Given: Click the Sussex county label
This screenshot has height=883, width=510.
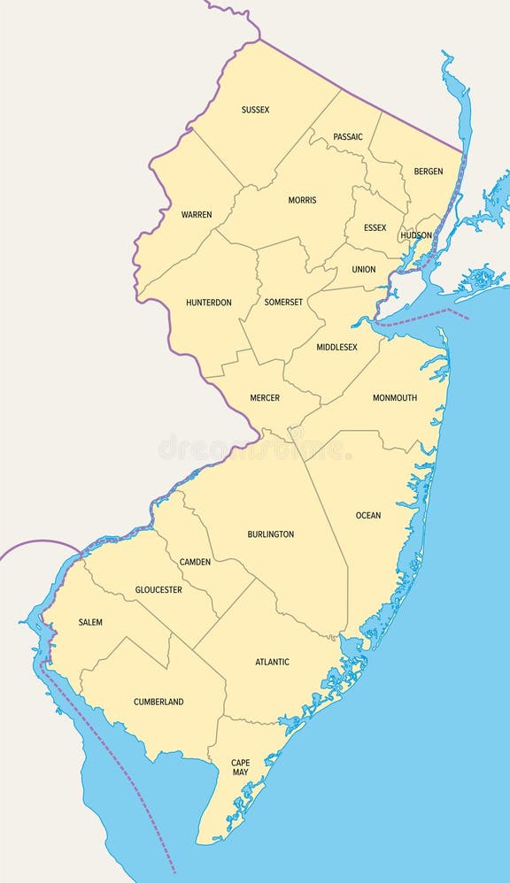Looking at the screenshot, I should click(255, 110).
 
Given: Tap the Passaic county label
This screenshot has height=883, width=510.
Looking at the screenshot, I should click(348, 137).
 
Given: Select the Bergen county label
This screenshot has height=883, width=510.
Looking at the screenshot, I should click(429, 171).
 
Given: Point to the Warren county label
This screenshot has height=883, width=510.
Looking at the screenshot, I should click(197, 214).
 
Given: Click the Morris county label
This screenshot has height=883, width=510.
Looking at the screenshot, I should click(302, 200).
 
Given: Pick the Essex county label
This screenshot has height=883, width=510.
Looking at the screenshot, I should click(375, 227).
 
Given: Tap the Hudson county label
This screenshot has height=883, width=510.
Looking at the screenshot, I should click(416, 235).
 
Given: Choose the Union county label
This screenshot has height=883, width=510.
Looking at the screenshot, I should click(363, 269).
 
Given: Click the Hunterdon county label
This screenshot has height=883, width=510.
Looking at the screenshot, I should click(209, 303).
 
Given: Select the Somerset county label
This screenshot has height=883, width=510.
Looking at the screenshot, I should click(283, 302).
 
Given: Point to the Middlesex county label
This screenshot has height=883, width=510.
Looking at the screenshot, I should click(336, 347).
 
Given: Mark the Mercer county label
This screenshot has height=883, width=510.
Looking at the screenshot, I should click(265, 398).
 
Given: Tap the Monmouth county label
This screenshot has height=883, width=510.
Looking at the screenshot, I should click(395, 397).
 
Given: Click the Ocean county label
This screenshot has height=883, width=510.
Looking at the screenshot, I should click(368, 515).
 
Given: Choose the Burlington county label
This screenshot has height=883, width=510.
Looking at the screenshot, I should click(271, 534).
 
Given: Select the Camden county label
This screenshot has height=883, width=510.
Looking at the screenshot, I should click(195, 562).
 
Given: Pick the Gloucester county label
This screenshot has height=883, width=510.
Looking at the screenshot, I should click(158, 589).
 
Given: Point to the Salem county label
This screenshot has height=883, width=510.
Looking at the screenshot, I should click(90, 622).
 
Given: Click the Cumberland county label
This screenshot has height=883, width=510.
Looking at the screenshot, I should click(158, 702).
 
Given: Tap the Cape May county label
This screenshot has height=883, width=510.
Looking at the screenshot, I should click(240, 767).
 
